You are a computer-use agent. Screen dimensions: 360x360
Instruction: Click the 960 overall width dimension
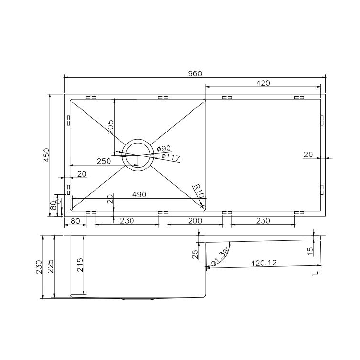(195, 73)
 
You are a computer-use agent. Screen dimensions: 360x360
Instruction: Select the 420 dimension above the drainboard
(263, 83)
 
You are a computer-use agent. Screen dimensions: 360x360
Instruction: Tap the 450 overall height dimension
(46, 155)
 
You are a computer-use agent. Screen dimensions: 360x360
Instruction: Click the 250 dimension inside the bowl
(104, 162)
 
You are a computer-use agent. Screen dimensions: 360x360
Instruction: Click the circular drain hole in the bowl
(138, 155)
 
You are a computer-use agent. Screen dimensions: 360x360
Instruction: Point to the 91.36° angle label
(220, 256)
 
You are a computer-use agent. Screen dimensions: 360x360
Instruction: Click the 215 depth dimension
(80, 265)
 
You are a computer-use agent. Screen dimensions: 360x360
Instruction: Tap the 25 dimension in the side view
(195, 254)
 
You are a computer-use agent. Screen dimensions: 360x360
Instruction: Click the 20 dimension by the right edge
(308, 154)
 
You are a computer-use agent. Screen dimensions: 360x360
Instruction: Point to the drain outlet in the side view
(138, 299)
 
